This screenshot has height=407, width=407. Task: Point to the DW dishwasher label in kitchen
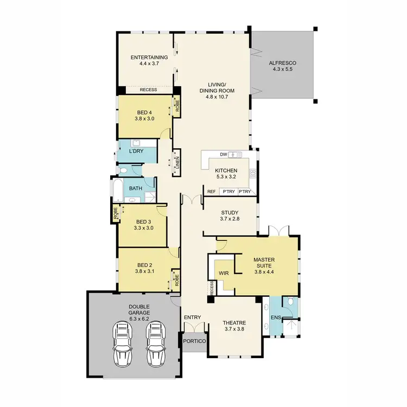pyautogui.click(x=223, y=155)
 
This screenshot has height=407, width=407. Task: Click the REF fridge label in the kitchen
pyautogui.click(x=211, y=192)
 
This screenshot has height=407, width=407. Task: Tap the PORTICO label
pyautogui.click(x=194, y=341)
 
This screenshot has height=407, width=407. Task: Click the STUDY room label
pyautogui.click(x=230, y=213)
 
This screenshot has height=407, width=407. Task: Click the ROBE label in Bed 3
pyautogui.click(x=115, y=214)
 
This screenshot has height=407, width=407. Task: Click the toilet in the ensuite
pyautogui.click(x=292, y=301)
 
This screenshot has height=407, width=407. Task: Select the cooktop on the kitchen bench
pyautogui.click(x=252, y=175)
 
